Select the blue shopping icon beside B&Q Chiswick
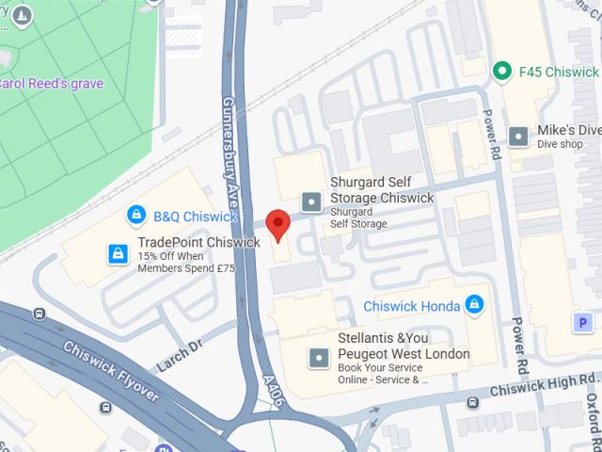(x=137, y=216)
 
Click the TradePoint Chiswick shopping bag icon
(x=119, y=253)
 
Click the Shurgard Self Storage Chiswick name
(x=382, y=190)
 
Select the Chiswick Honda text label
(x=412, y=305)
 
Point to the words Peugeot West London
(x=404, y=353)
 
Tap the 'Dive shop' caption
(x=561, y=145)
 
